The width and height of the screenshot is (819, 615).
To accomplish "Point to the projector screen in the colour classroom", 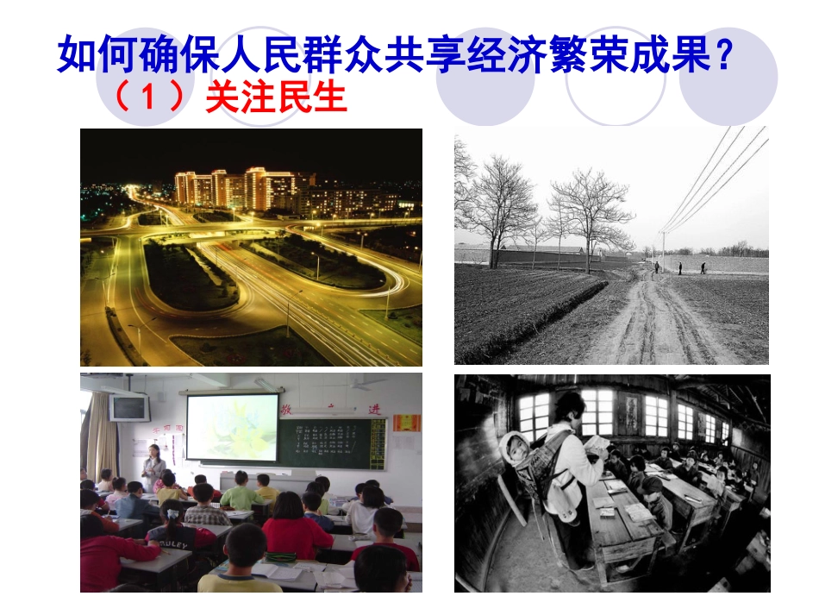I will point(233,427).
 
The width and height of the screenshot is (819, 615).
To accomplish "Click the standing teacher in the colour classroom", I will point(153,470).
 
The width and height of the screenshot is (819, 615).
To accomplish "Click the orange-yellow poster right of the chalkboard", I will point(406,423).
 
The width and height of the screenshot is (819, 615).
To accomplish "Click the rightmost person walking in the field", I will point(702,267).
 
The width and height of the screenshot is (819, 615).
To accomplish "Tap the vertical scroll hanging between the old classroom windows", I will point(633,413).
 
